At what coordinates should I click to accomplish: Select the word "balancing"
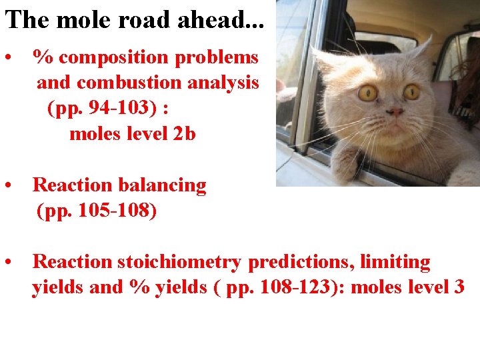[x=163, y=185]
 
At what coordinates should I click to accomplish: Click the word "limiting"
[x=395, y=262]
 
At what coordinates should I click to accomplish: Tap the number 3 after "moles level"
[x=459, y=287]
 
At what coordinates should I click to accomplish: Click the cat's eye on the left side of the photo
[x=368, y=93]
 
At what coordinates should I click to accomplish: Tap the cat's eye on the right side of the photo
[x=411, y=92]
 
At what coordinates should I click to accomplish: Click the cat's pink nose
[x=395, y=111]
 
